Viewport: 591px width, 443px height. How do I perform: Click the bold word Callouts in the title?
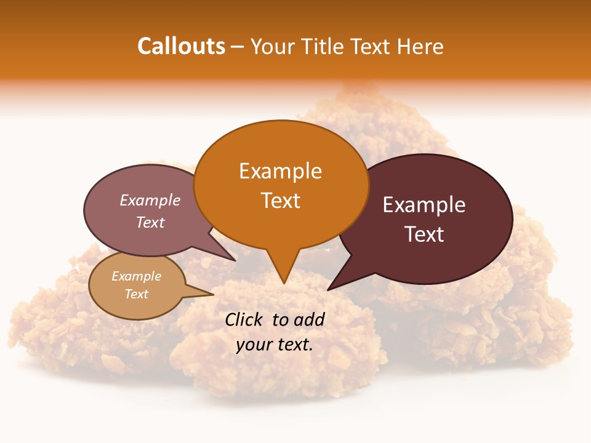(181, 46)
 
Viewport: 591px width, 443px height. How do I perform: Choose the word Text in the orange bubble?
(281, 200)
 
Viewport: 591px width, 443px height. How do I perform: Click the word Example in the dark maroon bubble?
(424, 205)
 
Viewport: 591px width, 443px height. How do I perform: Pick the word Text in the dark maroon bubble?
(425, 234)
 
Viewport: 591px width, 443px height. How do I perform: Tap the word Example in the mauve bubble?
(150, 200)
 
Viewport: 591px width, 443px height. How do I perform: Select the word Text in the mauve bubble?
(150, 222)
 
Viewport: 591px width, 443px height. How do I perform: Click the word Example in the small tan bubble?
(136, 276)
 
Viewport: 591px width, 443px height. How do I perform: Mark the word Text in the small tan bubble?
(137, 294)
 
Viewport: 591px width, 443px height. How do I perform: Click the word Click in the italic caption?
(244, 319)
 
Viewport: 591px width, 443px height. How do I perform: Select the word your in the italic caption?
(252, 345)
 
